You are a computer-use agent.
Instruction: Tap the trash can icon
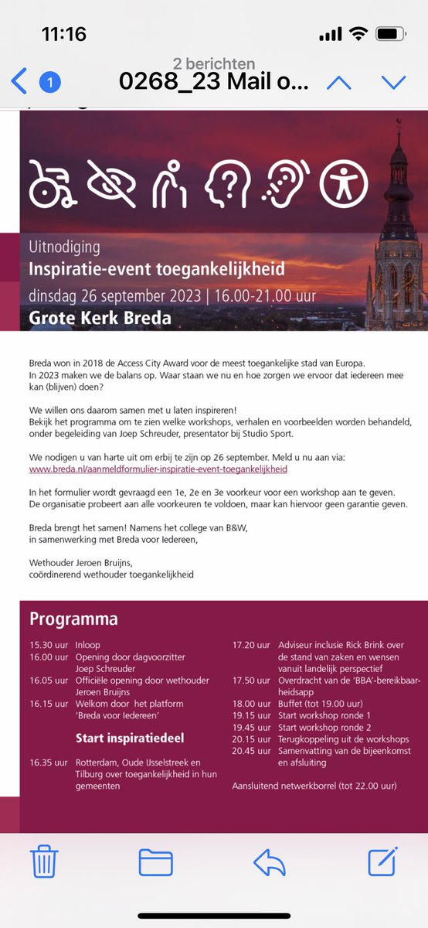click(x=45, y=861)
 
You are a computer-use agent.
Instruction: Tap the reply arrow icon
click(x=270, y=861)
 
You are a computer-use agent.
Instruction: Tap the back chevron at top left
click(x=19, y=81)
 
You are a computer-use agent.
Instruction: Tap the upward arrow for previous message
click(x=339, y=82)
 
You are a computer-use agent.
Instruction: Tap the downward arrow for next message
click(x=393, y=82)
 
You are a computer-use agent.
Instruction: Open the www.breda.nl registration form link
click(x=158, y=469)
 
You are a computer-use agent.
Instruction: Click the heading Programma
click(x=73, y=619)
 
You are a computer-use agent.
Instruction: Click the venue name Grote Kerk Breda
click(x=100, y=317)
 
